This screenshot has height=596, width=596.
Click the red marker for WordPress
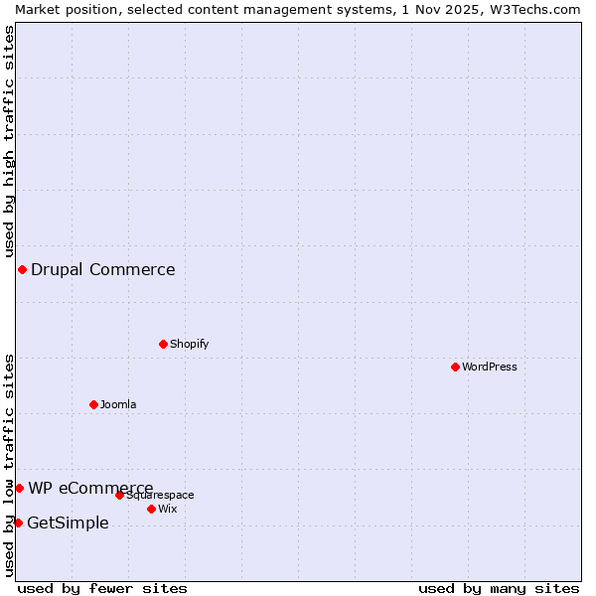click(x=455, y=367)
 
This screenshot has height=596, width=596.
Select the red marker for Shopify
click(x=163, y=344)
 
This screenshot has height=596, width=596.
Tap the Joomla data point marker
click(x=93, y=404)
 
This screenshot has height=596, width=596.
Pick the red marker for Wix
click(x=151, y=509)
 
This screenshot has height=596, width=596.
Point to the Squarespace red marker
click(x=119, y=495)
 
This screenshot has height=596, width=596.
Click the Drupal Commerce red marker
click(x=22, y=269)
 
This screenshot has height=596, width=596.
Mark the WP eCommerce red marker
click(x=19, y=488)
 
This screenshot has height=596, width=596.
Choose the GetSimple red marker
click(x=18, y=522)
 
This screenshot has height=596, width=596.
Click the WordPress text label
click(x=489, y=367)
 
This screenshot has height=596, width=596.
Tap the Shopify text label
click(x=189, y=344)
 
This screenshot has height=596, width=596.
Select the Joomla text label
click(x=118, y=404)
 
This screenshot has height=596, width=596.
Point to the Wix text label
click(x=167, y=509)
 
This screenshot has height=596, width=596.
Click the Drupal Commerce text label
click(x=103, y=269)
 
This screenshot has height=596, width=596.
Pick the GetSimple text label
click(x=68, y=523)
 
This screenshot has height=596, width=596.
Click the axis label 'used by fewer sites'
click(x=102, y=588)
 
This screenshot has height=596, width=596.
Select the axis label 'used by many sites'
click(x=499, y=588)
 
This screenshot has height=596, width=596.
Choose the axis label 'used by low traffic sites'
click(x=9, y=465)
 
